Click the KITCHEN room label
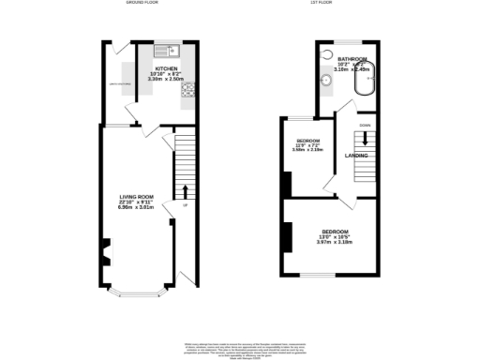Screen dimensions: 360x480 point(168,68)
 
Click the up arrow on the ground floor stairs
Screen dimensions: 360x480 point(183,194)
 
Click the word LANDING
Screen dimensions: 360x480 point(356,155)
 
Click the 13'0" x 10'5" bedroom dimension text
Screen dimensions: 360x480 point(336,238)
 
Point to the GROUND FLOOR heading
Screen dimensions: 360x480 point(142,4)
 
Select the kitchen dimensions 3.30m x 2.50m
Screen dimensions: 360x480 point(168,81)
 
